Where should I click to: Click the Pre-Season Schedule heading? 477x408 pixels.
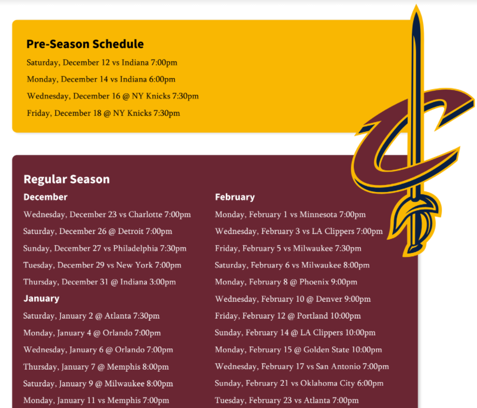(x=85, y=44)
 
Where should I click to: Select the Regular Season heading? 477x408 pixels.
(x=66, y=179)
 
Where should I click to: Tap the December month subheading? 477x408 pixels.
(x=46, y=197)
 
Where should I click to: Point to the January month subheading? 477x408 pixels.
(x=41, y=298)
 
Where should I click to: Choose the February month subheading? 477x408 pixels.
(x=235, y=197)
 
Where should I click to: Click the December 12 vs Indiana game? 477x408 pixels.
(x=102, y=63)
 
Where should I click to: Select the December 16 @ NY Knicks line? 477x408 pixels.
(x=113, y=96)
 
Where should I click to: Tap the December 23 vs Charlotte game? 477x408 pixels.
(x=107, y=214)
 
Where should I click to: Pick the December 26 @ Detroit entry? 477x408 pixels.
(x=98, y=231)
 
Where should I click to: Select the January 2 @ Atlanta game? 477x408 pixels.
(x=92, y=316)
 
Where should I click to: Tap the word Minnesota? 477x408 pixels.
(x=318, y=214)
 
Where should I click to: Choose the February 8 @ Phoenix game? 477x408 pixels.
(x=286, y=282)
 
